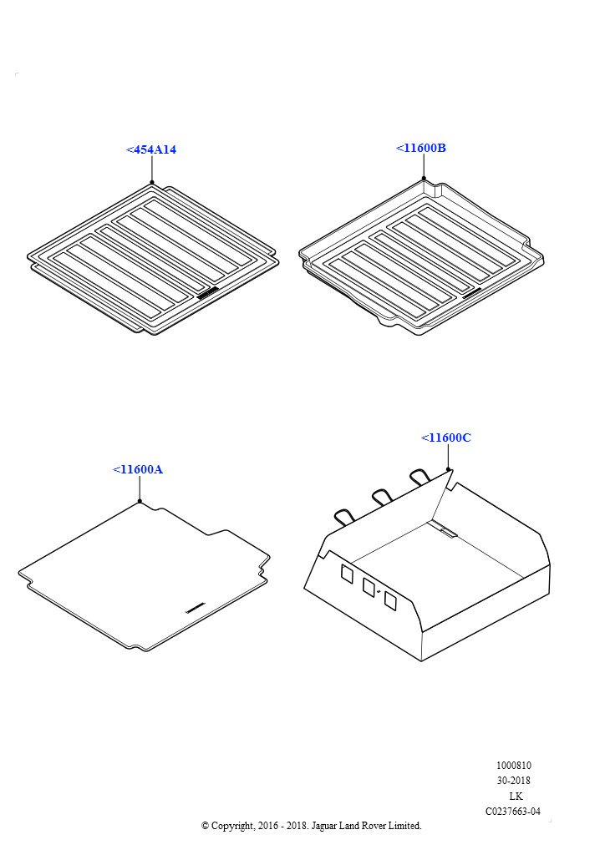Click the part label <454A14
tap(151, 149)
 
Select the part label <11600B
tap(421, 148)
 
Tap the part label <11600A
tap(138, 469)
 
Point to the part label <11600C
tap(446, 438)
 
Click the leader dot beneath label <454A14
tap(152, 183)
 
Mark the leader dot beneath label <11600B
tap(424, 179)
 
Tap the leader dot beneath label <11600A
tap(140, 501)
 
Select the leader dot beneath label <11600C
tap(448, 469)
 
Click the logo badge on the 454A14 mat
tap(208, 293)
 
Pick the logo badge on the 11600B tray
tap(472, 293)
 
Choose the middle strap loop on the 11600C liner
tap(384, 497)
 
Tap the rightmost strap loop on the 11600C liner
tap(420, 477)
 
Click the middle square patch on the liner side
tap(369, 587)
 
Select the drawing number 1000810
tap(513, 766)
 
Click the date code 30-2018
tap(513, 781)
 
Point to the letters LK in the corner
tap(516, 796)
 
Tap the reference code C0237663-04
tap(513, 812)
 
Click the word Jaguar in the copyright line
tap(324, 826)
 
